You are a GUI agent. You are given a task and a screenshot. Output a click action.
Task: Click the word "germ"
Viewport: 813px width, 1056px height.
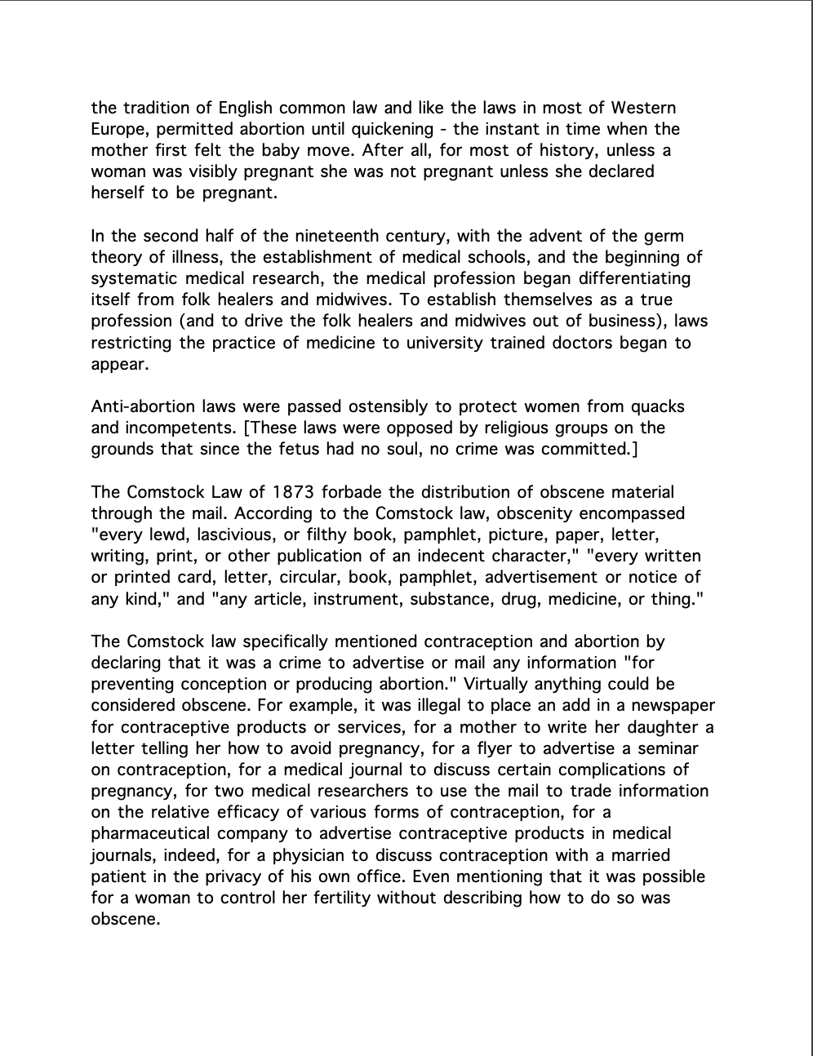(x=662, y=236)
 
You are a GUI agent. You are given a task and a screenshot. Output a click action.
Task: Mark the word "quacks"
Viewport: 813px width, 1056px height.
(x=659, y=406)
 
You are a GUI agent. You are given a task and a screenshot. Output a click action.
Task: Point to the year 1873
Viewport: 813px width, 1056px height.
(x=294, y=492)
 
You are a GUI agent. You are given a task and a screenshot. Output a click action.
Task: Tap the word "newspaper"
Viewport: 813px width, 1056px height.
(x=676, y=705)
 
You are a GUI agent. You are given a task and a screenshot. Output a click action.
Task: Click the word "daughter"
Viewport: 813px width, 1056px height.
(x=666, y=726)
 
